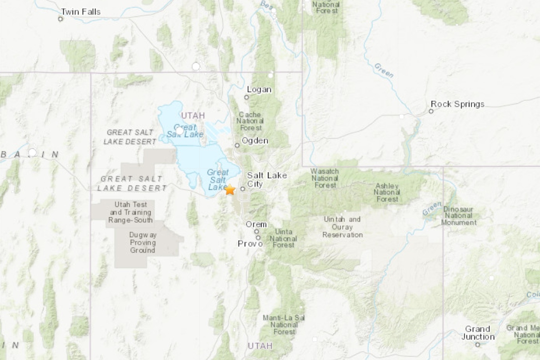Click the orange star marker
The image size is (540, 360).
(230, 190)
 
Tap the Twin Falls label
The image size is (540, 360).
(80, 11)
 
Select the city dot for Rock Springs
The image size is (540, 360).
(431, 111)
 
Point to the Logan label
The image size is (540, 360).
(259, 90)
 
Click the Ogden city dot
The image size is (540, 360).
(237, 146)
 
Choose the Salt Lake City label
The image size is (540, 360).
(267, 180)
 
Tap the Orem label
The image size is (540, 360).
(256, 224)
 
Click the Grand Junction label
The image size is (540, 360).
(478, 333)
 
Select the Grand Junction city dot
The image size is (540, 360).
(477, 344)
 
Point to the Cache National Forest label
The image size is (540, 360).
(250, 121)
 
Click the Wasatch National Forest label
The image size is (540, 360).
(324, 179)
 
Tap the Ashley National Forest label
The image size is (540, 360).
(387, 192)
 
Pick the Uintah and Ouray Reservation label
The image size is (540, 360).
(342, 227)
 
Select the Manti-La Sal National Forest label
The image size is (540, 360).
(284, 325)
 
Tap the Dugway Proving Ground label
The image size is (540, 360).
(143, 243)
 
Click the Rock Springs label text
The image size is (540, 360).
(457, 104)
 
